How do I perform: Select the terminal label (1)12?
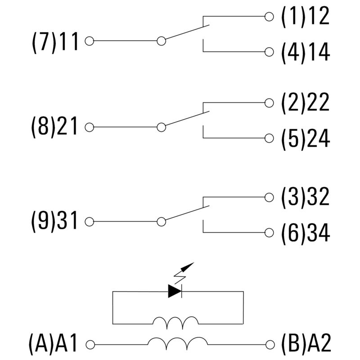(306, 17)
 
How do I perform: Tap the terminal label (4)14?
(306, 52)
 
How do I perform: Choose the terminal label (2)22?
(306, 103)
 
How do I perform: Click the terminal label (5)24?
(306, 139)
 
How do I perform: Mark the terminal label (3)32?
(306, 197)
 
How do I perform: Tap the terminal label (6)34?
(306, 233)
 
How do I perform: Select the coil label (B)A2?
(306, 345)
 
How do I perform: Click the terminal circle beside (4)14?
(269, 52)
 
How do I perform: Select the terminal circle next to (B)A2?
(269, 345)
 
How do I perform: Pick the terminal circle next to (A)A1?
(89, 345)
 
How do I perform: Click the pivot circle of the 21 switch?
(161, 127)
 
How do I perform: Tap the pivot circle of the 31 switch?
(161, 222)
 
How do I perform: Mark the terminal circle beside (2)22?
(269, 103)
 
